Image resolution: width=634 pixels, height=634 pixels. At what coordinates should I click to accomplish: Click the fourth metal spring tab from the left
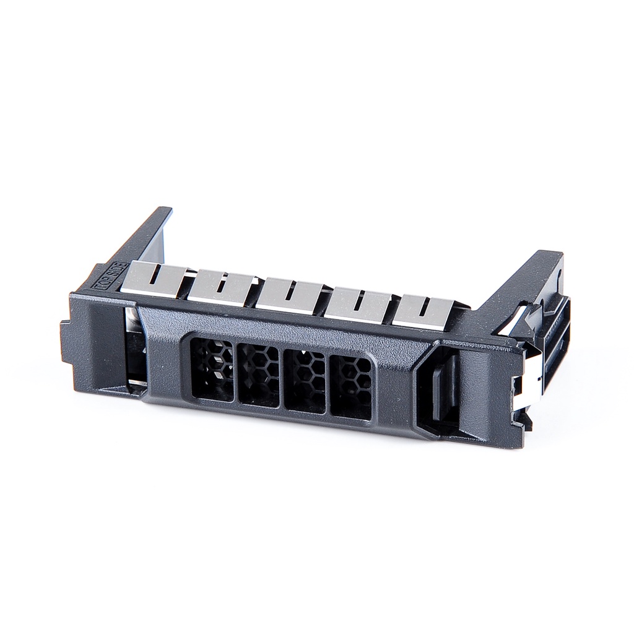click(x=356, y=303)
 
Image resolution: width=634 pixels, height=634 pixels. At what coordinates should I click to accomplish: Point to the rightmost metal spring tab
click(x=421, y=311)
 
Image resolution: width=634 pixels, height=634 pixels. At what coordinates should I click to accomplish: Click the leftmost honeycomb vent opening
click(x=212, y=369)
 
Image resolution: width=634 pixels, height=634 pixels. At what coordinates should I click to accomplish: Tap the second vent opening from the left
click(x=258, y=375)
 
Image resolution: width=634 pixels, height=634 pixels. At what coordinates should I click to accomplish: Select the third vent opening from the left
click(x=304, y=381)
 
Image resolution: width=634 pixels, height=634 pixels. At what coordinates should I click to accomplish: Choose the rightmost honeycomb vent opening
click(x=351, y=388)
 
